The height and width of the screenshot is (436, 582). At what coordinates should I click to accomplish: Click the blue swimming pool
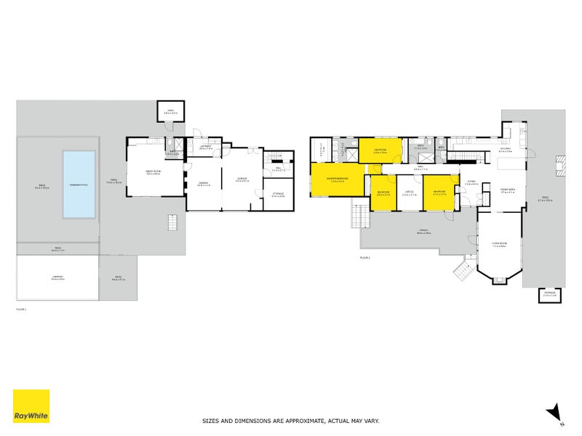click(x=79, y=184)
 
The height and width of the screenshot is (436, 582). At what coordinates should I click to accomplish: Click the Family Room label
click(x=153, y=172)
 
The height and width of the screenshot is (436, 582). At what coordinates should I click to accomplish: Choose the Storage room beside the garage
click(x=278, y=195)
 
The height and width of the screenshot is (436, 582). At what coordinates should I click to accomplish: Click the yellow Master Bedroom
click(x=338, y=179)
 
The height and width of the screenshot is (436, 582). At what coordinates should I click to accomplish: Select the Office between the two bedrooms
click(x=409, y=193)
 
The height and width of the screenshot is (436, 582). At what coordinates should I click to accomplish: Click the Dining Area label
click(x=508, y=190)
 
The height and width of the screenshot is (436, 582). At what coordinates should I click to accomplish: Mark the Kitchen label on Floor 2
click(x=505, y=150)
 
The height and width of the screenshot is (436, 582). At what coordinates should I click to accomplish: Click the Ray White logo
click(x=31, y=406)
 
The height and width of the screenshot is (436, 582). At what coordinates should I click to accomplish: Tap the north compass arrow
click(x=554, y=411)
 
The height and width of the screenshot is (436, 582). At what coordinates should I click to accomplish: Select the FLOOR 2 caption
click(x=364, y=258)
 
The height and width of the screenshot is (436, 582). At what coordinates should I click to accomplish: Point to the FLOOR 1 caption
click(x=22, y=310)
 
